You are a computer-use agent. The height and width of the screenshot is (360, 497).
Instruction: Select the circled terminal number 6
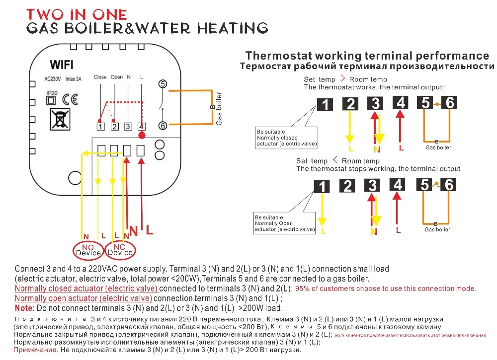pos(162,126)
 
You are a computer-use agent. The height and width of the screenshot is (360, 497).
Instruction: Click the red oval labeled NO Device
pos(88,250)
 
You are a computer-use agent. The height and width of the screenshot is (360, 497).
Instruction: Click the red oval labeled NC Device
pos(120,250)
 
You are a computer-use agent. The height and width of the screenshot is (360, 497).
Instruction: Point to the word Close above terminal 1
pos(100,77)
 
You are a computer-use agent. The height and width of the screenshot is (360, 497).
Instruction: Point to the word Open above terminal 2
pos(116,77)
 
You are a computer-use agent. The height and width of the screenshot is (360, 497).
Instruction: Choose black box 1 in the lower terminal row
pos(323,187)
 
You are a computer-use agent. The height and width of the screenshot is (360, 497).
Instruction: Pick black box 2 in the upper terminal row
pos(350,104)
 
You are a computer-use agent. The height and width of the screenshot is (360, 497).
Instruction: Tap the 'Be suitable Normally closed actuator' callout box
pos(286,138)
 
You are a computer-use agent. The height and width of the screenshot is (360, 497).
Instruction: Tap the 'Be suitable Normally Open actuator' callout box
pos(285,223)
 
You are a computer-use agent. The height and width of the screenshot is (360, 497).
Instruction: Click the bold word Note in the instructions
pos(25,308)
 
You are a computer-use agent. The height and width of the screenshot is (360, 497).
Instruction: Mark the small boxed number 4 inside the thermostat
pos(141,127)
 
